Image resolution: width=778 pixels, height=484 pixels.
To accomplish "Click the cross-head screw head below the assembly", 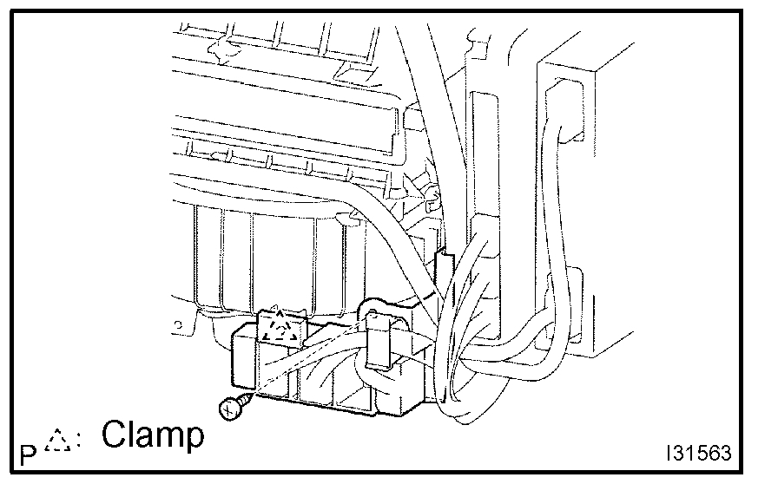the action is pos(230,408).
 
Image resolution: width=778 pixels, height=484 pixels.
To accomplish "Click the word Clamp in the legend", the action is pos(152,435).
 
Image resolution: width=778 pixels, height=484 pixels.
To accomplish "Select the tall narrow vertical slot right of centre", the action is pos(480,156).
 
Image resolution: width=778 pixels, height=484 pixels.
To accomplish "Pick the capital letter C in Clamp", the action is pos(114,435).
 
